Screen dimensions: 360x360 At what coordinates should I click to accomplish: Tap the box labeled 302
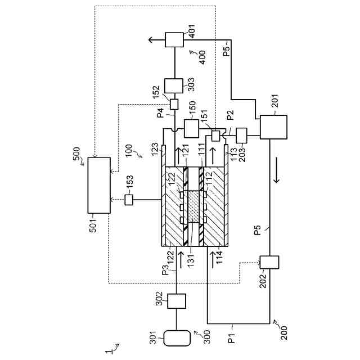click(x=176, y=300)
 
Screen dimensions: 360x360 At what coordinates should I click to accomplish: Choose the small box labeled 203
click(x=242, y=135)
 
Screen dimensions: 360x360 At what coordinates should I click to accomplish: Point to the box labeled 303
click(x=174, y=85)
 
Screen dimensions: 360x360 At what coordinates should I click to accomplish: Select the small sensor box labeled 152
click(x=174, y=105)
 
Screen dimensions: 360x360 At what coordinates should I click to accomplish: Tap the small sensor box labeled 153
click(x=129, y=199)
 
